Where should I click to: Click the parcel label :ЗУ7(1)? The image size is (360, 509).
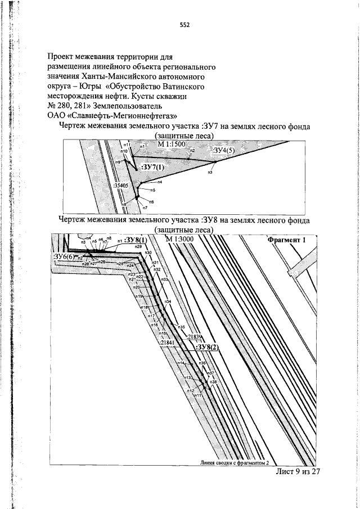coord(152,168)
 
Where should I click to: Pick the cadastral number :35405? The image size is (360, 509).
coord(121,184)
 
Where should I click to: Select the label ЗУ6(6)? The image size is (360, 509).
coord(64,256)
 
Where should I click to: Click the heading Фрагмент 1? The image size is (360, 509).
coord(287,240)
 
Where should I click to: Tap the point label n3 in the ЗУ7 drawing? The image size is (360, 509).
coord(210,172)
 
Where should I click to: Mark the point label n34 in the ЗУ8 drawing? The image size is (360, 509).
coord(168,301)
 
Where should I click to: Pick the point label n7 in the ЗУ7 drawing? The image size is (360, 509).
coord(145,208)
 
